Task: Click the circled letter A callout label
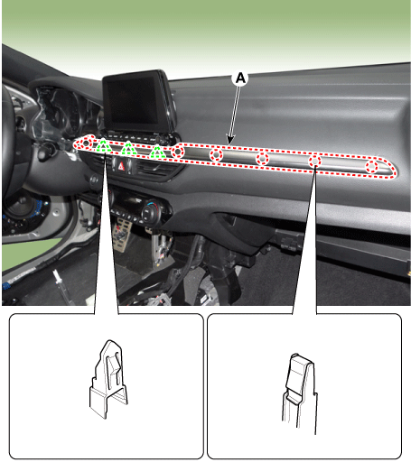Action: tap(240, 79)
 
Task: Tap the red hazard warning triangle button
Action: tap(122, 166)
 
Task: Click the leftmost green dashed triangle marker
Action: tap(103, 146)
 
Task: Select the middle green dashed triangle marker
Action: tap(128, 148)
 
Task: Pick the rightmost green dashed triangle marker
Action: tap(157, 152)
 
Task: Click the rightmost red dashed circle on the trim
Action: tap(372, 167)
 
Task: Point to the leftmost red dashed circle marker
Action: tap(86, 143)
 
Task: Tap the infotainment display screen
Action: tap(135, 101)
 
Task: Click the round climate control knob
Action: tap(149, 212)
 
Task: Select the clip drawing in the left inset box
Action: tap(108, 379)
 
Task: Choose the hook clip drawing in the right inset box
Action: tap(300, 393)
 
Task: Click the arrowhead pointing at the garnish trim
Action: tap(230, 140)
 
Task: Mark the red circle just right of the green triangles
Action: tap(178, 152)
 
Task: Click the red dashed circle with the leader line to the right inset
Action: tap(314, 162)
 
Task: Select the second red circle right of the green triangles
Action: tap(216, 155)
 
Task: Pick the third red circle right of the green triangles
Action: tap(262, 158)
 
